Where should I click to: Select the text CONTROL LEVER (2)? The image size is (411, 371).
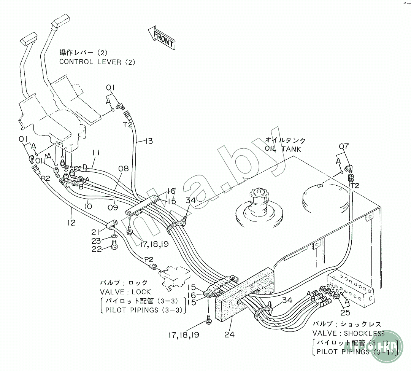[97, 62]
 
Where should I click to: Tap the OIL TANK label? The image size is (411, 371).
[283, 149]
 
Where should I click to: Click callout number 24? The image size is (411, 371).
[229, 334]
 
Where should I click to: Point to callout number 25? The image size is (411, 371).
[345, 313]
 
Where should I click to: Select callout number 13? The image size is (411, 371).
[149, 141]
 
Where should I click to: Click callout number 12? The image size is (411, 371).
[72, 222]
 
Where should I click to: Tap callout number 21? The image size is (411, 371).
[95, 232]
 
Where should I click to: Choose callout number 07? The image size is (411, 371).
[344, 146]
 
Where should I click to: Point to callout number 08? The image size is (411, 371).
[124, 169]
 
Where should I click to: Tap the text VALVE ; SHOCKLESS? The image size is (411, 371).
[348, 333]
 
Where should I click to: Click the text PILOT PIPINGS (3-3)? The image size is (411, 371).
[142, 310]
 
